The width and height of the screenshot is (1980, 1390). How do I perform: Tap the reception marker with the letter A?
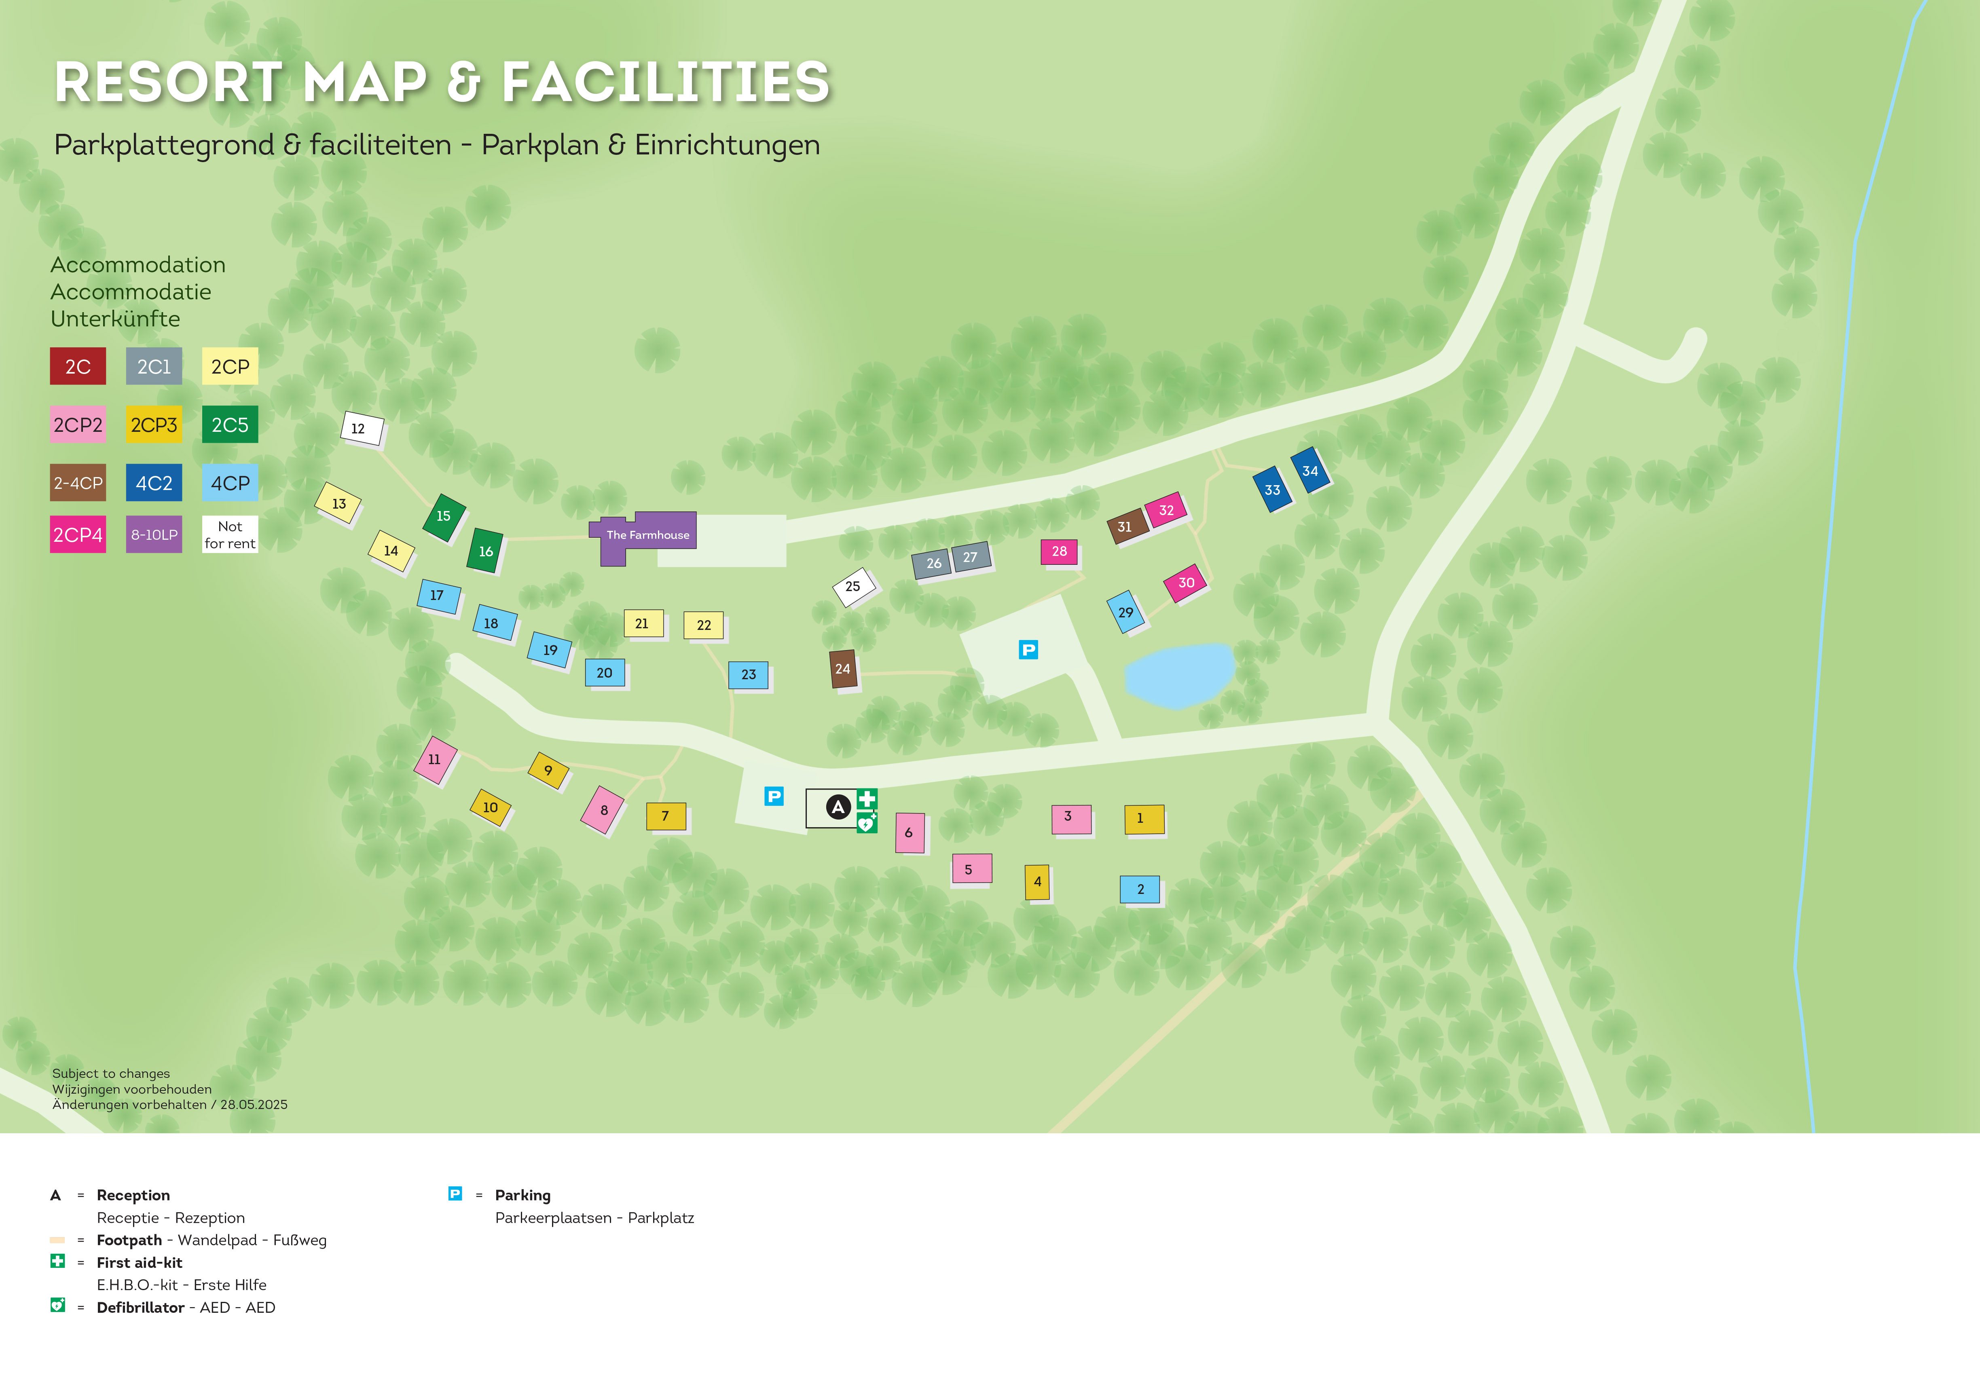point(838,807)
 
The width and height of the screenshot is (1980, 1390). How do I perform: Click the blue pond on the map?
point(1179,674)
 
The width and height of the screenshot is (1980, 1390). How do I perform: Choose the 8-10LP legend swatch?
point(154,534)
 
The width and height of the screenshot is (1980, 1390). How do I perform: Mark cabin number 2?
point(1140,889)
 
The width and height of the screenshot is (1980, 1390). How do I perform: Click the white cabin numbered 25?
point(853,586)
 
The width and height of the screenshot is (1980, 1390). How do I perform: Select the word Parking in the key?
point(522,1195)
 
